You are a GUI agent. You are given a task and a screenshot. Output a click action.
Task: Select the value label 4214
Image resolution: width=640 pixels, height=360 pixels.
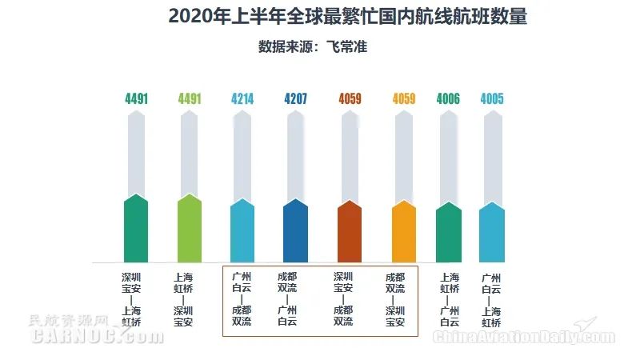(242, 99)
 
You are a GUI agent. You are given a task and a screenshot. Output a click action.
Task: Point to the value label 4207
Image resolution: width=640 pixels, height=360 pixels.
(295, 99)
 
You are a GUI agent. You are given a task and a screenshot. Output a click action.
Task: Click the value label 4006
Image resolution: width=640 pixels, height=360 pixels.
(449, 99)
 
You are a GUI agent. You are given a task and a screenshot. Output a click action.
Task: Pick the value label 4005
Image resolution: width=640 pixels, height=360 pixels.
(492, 99)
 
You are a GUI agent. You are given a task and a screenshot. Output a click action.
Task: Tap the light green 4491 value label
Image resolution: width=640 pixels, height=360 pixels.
(190, 99)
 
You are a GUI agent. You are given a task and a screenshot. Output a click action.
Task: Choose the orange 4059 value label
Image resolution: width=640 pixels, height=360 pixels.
(404, 99)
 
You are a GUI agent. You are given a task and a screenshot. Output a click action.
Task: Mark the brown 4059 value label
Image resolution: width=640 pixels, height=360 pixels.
(350, 99)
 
